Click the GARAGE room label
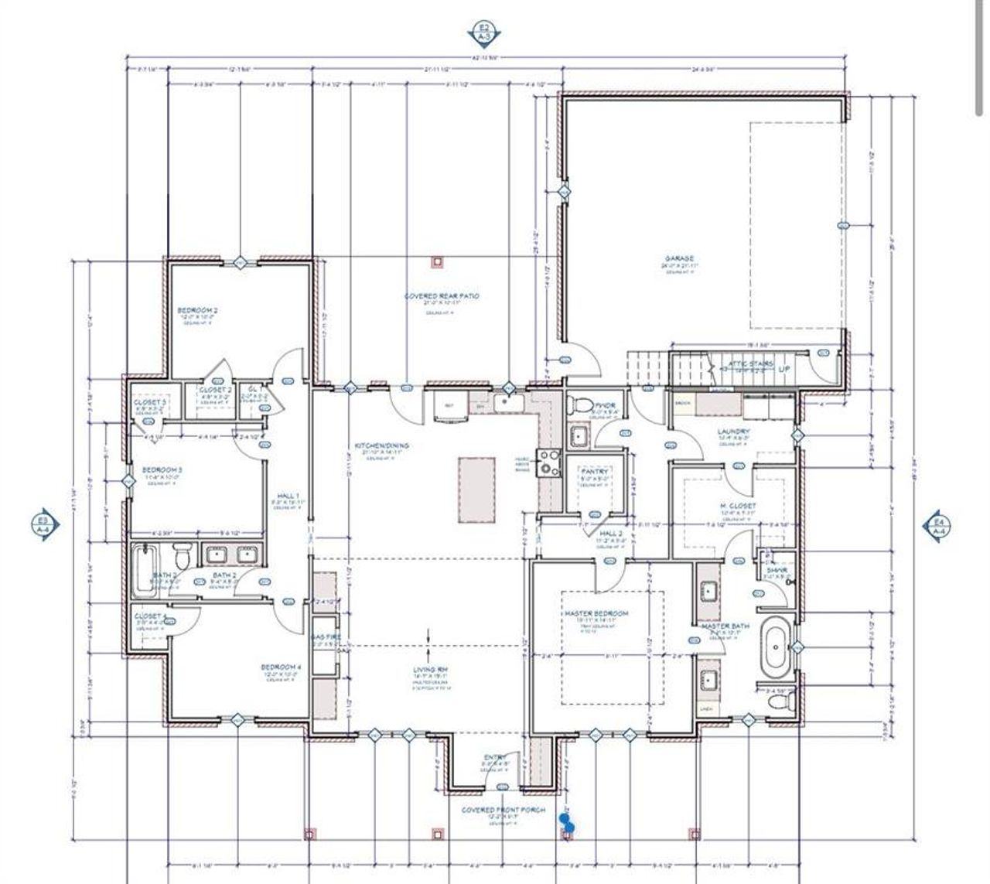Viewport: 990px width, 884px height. coord(678,259)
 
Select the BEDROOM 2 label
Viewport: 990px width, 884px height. coord(197,311)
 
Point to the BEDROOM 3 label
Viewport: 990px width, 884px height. coord(162,469)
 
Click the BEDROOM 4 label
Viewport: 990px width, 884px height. coord(281,667)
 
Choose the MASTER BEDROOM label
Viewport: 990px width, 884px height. coord(602,613)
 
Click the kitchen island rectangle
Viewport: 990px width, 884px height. coord(476,490)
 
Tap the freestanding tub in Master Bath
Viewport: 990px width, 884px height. coord(774,646)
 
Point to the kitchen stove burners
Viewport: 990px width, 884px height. coord(549,462)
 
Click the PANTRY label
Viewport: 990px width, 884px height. coord(594,471)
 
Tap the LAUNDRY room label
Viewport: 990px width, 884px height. coord(733,432)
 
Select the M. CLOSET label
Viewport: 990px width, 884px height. coord(738,506)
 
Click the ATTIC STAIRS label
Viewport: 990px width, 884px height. coord(751,364)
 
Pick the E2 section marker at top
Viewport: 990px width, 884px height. coord(485,32)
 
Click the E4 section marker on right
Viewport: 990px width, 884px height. coord(938,526)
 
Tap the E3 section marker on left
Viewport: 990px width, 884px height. coord(44,525)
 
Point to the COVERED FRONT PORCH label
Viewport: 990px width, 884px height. coord(503,810)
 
